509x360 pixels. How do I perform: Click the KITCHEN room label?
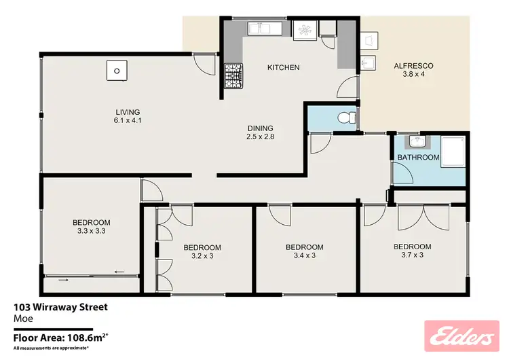(x=283, y=67)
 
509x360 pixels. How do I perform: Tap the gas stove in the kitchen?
(x=233, y=75)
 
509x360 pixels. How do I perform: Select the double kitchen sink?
(x=261, y=28)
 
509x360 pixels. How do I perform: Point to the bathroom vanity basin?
(x=415, y=143)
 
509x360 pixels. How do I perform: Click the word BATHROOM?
(x=418, y=157)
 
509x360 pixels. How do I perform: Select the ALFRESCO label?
(x=413, y=66)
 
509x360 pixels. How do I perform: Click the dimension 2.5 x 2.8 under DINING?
(x=260, y=137)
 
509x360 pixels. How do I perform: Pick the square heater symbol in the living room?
(x=116, y=70)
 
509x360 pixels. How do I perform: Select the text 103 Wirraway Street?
(x=60, y=307)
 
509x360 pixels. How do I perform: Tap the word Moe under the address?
(x=22, y=318)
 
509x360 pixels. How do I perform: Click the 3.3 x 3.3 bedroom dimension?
(x=91, y=231)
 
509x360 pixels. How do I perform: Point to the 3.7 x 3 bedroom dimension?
(x=413, y=255)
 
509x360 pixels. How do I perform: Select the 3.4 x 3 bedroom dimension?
(x=304, y=256)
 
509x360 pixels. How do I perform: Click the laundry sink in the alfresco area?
(x=369, y=63)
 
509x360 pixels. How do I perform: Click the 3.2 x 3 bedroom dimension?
(x=202, y=256)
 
